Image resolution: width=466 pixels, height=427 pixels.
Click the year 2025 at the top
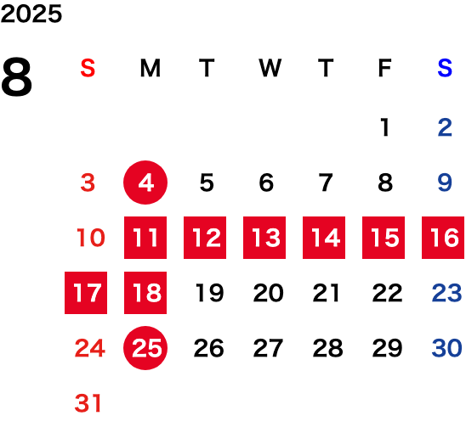click(31, 14)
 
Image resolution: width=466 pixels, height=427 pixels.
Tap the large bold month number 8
click(16, 77)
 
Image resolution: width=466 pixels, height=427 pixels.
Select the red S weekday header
click(88, 68)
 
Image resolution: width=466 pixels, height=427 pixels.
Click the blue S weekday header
click(445, 68)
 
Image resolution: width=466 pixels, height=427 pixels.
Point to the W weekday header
click(270, 68)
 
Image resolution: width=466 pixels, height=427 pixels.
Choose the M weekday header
click(151, 68)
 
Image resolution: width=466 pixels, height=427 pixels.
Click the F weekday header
click(385, 68)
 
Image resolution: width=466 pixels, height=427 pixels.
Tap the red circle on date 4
click(145, 183)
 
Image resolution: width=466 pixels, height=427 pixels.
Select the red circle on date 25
click(145, 348)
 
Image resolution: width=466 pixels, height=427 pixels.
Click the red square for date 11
click(145, 238)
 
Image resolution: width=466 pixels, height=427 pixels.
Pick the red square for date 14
click(324, 238)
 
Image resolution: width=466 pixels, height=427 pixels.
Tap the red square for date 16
click(443, 238)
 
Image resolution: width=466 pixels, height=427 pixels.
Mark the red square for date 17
click(86, 293)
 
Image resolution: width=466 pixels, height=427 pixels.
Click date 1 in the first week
click(385, 127)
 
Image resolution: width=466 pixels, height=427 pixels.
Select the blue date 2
click(445, 127)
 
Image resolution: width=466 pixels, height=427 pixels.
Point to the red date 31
click(88, 403)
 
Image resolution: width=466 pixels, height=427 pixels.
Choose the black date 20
click(269, 293)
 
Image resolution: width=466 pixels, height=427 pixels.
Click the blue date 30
click(447, 348)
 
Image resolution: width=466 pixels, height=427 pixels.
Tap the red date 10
click(91, 238)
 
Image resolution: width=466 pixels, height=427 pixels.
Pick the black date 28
click(327, 348)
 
